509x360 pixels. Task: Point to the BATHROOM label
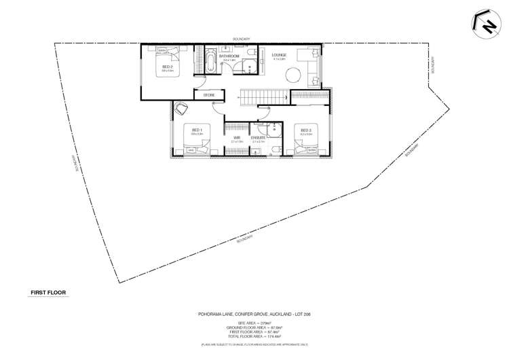tap(229, 56)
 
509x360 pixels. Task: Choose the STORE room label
tap(209, 95)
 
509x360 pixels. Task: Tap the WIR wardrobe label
tap(237, 138)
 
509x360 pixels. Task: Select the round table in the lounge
tap(292, 75)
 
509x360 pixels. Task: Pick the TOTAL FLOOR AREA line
tap(254, 338)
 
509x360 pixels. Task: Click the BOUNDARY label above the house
tap(242, 39)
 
